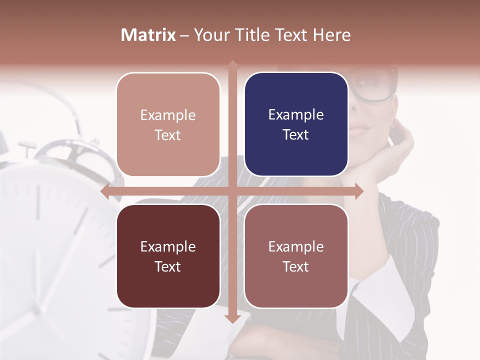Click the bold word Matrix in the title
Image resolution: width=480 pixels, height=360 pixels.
tap(148, 35)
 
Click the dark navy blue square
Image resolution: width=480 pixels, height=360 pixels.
tap(296, 124)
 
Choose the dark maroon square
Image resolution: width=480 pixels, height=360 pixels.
tap(168, 256)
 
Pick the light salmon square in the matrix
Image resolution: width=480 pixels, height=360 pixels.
tap(168, 124)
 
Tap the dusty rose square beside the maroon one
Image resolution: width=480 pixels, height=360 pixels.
tap(296, 256)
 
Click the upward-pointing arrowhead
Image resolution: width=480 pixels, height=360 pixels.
tap(232, 64)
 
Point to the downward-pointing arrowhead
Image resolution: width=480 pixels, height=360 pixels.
tap(232, 318)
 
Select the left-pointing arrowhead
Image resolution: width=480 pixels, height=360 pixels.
tap(104, 191)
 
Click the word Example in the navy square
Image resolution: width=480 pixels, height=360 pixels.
tap(296, 114)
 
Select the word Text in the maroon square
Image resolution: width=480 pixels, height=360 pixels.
tap(168, 266)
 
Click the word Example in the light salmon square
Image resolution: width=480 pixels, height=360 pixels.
tap(168, 115)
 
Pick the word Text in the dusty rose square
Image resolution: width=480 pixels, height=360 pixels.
tap(296, 266)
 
